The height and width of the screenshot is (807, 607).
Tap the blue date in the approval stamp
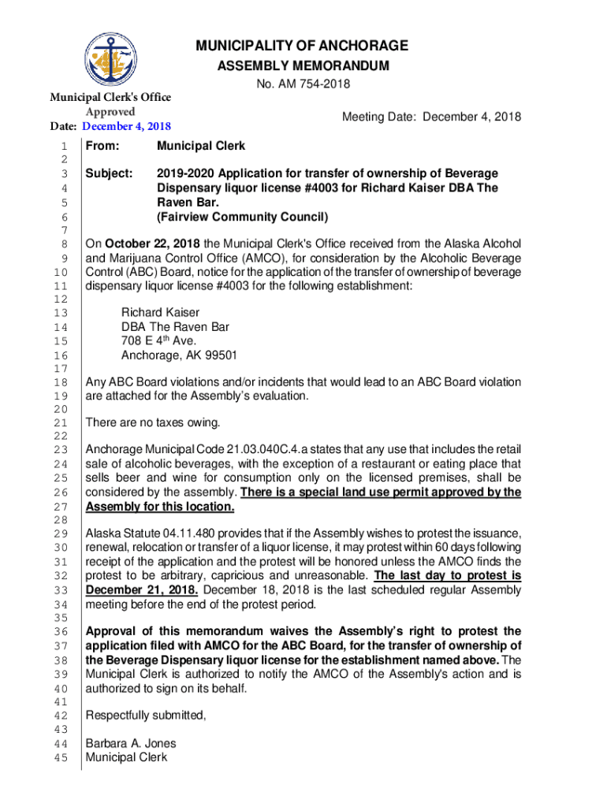[127, 126]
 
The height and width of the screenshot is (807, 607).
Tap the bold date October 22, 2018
[152, 243]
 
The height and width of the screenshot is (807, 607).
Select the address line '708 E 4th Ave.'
[158, 341]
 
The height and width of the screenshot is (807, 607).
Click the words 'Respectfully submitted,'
[146, 716]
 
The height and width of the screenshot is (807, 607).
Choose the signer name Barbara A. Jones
[131, 743]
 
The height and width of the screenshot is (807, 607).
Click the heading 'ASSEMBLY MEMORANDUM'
[303, 65]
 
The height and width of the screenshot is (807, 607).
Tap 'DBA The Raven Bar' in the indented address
[175, 327]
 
